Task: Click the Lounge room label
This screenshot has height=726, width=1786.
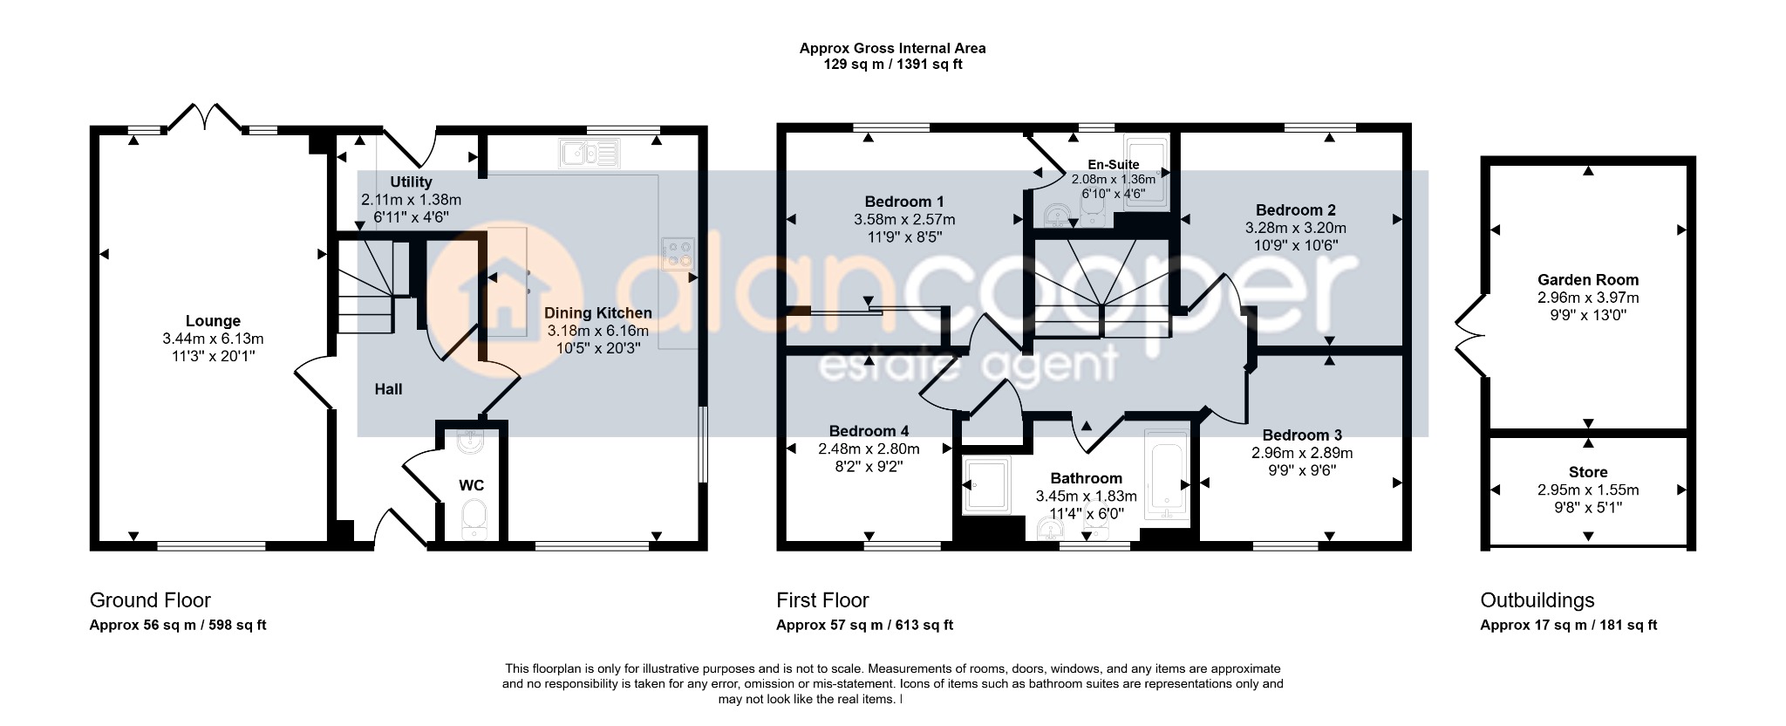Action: pyautogui.click(x=213, y=321)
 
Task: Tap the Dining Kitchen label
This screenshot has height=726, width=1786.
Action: pyautogui.click(x=598, y=313)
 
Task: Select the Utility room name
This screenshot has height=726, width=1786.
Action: pyautogui.click(x=411, y=181)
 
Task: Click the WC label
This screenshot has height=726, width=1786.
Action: pyautogui.click(x=472, y=485)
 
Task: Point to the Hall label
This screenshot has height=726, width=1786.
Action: pyautogui.click(x=389, y=389)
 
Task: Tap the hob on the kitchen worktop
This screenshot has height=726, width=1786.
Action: pyautogui.click(x=678, y=254)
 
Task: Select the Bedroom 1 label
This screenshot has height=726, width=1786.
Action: pyautogui.click(x=904, y=202)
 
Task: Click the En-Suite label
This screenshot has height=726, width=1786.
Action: pyautogui.click(x=1114, y=165)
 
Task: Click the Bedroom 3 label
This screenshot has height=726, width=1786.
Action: pyautogui.click(x=1302, y=435)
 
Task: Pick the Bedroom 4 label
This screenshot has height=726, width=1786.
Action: pyautogui.click(x=869, y=431)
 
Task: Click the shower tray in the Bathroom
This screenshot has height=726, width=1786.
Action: pyautogui.click(x=986, y=485)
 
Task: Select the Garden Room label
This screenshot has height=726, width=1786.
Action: pyautogui.click(x=1588, y=280)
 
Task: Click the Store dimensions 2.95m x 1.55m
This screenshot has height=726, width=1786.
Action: pyautogui.click(x=1588, y=490)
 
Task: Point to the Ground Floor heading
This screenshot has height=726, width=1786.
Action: pyautogui.click(x=150, y=600)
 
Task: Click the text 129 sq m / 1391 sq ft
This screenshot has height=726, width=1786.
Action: pyautogui.click(x=893, y=65)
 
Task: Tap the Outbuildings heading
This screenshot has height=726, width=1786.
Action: pyautogui.click(x=1537, y=600)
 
